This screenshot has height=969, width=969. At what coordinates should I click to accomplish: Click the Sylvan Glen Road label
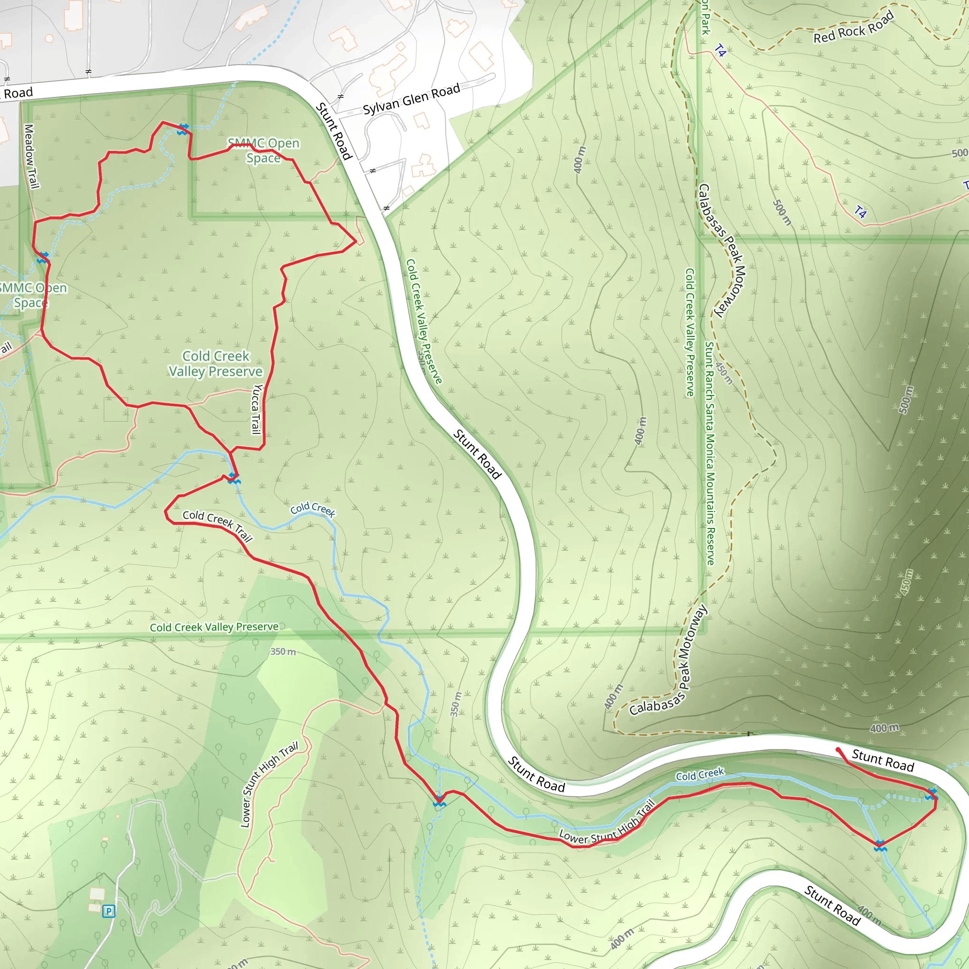(411, 99)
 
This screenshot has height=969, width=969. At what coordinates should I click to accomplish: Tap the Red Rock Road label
(854, 27)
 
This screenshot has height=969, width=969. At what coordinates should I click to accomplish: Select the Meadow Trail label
(31, 157)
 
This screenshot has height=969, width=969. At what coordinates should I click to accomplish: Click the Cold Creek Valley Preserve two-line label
(216, 364)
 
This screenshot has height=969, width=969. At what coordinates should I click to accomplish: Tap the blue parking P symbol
(108, 911)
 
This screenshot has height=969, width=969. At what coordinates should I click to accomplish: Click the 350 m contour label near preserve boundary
(283, 652)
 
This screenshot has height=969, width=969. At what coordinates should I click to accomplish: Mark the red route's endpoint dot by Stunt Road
(838, 750)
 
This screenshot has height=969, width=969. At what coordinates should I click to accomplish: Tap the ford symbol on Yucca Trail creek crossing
(234, 478)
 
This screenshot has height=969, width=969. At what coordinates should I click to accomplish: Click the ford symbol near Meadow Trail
(43, 257)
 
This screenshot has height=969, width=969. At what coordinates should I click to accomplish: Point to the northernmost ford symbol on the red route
(183, 129)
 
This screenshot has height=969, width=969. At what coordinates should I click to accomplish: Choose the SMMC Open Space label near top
(264, 150)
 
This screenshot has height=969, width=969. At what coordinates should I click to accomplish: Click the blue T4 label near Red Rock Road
(720, 50)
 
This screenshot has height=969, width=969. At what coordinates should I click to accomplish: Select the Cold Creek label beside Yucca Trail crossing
(312, 509)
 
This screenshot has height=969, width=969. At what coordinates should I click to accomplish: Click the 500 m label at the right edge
(960, 153)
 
